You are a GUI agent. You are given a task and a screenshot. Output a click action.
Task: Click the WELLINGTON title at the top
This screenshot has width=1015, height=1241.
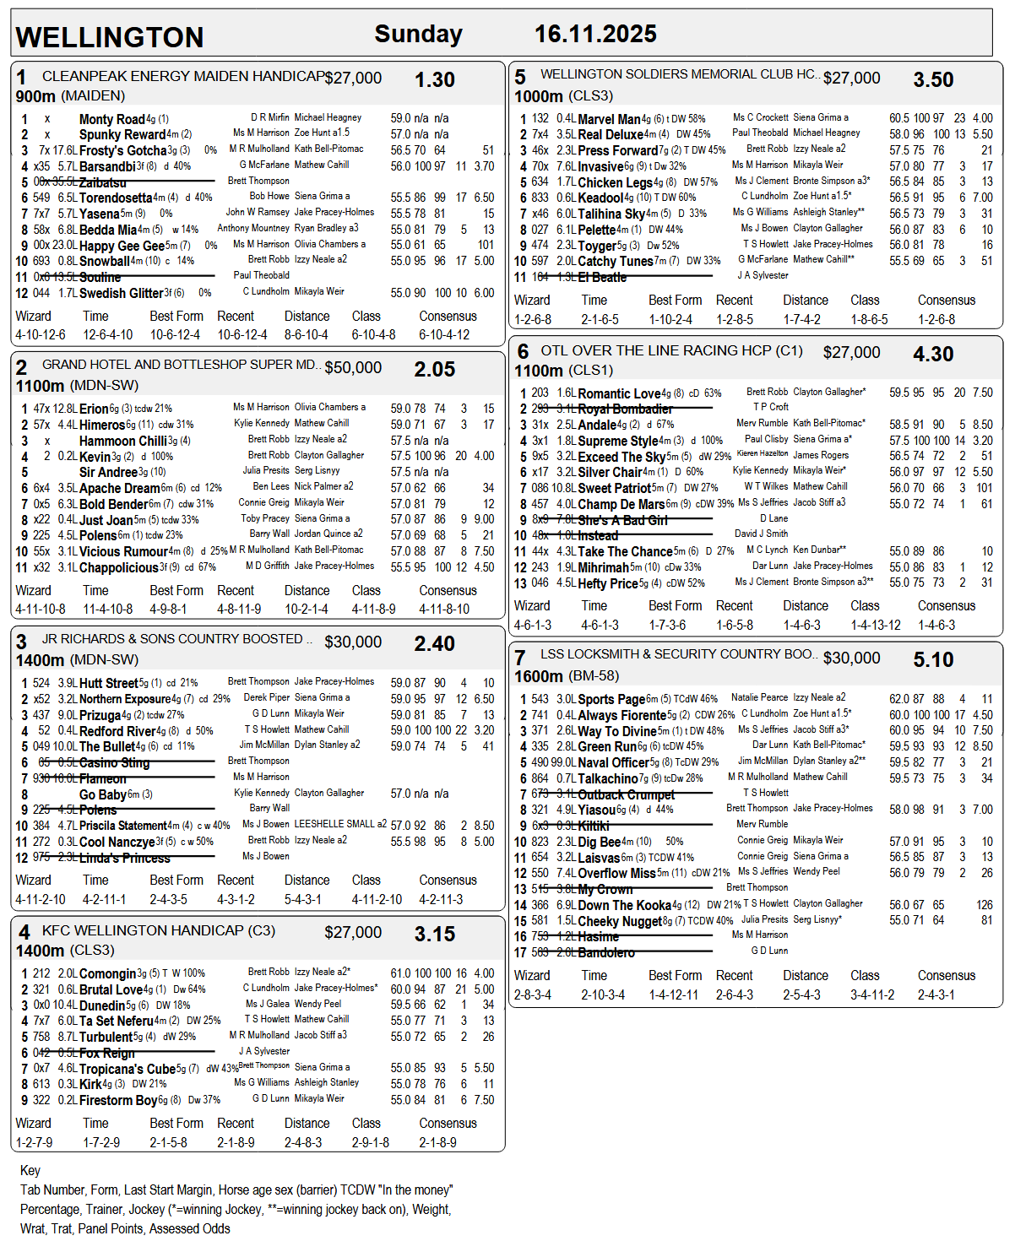110,37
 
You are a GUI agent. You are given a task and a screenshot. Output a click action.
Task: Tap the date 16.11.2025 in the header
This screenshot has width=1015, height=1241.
595,34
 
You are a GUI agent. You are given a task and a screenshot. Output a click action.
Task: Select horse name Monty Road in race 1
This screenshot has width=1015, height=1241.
111,120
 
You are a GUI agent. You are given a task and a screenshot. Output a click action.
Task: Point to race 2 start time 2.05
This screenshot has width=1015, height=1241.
434,370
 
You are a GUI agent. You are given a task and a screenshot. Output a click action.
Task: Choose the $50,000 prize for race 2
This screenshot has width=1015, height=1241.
353,368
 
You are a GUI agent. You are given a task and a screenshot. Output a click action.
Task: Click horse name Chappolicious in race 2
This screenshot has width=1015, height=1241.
118,568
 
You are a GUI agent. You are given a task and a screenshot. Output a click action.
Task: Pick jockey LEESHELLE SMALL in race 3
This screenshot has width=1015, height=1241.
340,824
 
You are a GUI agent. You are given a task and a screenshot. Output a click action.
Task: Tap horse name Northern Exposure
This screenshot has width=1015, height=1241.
125,699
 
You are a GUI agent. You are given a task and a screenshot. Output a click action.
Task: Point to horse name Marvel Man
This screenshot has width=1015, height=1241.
609,120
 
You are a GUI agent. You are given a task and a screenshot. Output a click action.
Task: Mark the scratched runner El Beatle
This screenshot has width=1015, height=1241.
602,278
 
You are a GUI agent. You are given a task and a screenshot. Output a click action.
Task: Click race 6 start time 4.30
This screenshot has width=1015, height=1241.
933,355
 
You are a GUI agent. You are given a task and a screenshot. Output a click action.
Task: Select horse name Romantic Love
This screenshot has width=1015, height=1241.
618,394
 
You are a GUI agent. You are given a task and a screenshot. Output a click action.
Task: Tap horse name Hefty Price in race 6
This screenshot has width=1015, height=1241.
607,584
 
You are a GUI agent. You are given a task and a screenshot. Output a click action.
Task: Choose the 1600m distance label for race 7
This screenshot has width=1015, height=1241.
539,676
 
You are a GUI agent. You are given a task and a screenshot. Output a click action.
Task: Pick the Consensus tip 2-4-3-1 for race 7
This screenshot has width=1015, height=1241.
936,995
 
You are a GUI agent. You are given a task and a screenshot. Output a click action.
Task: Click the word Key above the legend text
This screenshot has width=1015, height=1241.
30,1170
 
